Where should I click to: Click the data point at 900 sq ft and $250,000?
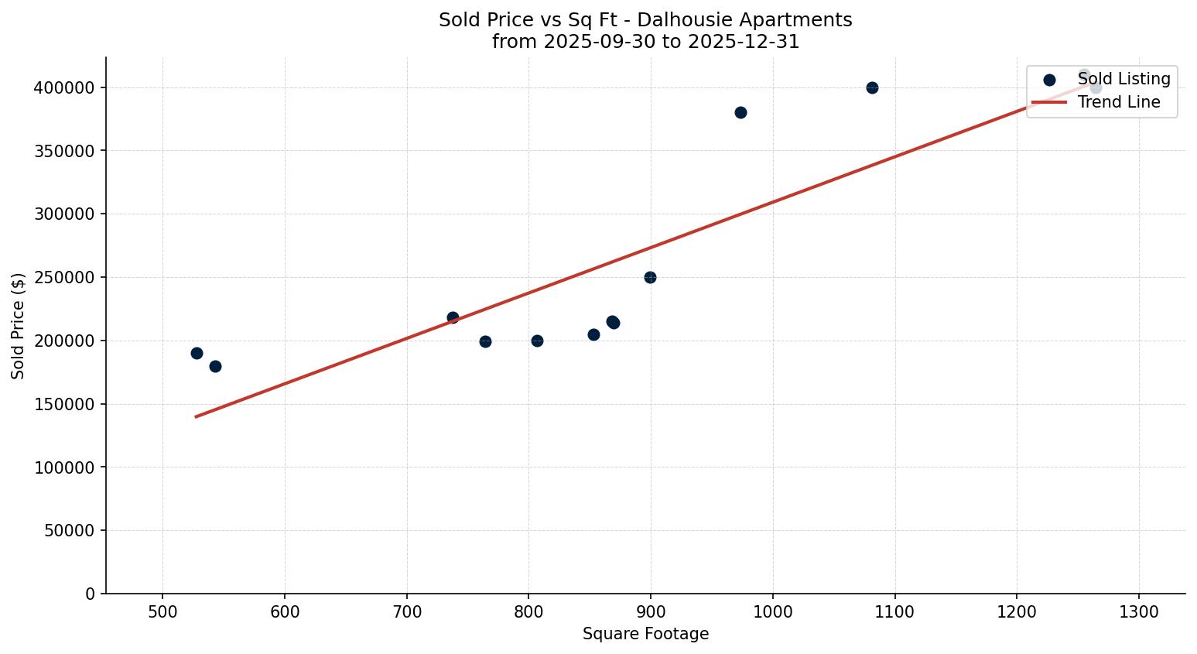tap(650, 277)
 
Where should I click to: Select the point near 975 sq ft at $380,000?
tap(740, 112)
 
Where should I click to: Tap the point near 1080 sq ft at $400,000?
tap(872, 87)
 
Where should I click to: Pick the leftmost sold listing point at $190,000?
tap(197, 353)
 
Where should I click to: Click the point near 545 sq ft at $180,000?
tap(215, 366)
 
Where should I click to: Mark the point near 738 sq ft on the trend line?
tap(453, 317)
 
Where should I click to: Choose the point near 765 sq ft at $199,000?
tap(485, 341)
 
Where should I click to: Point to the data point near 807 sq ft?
tap(537, 341)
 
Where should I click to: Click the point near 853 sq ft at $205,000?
tap(593, 334)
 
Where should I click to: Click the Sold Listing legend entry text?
tap(1123, 79)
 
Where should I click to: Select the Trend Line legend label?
tap(1119, 102)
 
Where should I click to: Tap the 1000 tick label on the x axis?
tap(772, 612)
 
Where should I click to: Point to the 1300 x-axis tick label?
tap(1139, 612)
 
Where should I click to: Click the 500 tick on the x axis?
tap(162, 612)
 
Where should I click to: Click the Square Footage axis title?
tap(645, 634)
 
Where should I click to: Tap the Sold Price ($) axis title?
tap(18, 326)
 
